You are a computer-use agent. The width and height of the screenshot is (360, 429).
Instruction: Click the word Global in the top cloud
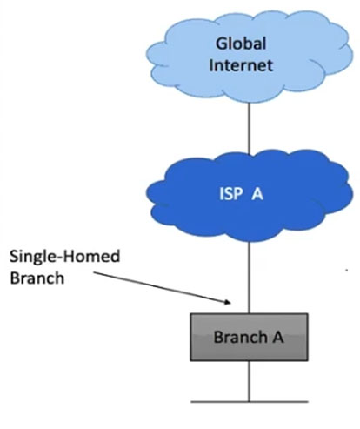241,44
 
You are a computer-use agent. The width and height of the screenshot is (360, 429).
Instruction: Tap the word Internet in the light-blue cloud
241,65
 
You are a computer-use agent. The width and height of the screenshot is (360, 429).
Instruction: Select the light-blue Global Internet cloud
250,56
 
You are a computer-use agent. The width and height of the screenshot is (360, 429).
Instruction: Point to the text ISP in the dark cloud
230,194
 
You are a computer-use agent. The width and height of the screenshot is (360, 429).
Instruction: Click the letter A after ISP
257,194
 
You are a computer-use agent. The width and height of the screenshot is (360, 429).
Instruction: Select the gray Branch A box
249,337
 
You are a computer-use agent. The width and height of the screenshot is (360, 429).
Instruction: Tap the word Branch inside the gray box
240,337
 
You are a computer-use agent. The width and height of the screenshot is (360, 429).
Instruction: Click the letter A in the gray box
277,337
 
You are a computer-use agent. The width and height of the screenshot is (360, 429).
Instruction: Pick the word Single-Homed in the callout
65,257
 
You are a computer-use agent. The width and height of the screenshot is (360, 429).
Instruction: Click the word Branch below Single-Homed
37,278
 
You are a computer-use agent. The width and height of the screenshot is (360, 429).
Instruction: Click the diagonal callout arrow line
163,288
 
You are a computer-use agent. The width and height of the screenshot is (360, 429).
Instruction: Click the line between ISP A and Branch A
249,278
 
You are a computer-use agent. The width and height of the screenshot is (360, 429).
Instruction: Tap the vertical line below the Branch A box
249,381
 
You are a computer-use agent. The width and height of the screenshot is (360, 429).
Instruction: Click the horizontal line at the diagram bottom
250,402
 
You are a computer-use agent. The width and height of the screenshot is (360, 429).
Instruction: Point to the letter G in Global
222,44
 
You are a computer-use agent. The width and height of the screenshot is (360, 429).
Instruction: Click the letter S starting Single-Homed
14,257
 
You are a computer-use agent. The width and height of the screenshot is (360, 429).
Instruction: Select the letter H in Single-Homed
70,257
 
